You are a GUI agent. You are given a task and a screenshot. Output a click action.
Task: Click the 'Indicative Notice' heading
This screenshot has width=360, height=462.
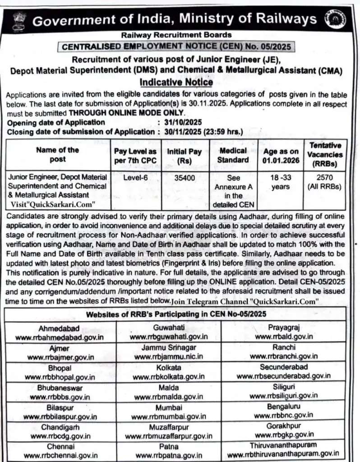(x=176, y=82)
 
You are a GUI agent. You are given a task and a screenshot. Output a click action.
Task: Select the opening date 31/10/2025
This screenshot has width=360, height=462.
(x=183, y=122)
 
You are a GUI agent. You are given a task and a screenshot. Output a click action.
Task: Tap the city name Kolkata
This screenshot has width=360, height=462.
(x=168, y=368)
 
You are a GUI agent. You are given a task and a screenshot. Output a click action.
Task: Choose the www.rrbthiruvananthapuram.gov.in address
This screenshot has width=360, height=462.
(x=283, y=454)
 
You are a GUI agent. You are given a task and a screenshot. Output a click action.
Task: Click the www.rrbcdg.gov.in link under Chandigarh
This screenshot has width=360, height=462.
(x=60, y=436)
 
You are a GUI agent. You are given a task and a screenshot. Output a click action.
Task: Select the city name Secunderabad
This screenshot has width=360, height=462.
(x=283, y=367)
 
